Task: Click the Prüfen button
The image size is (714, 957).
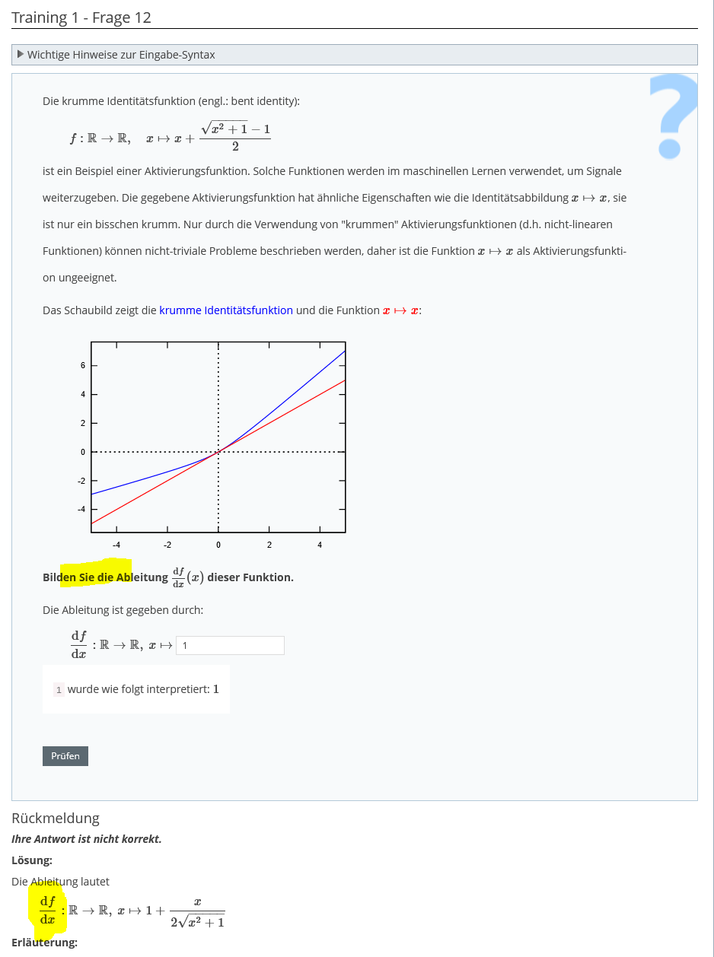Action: pos(65,756)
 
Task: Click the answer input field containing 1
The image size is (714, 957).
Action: pos(230,645)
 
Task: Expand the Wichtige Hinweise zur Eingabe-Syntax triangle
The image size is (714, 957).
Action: pos(21,55)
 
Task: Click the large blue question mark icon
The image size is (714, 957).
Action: pos(673,115)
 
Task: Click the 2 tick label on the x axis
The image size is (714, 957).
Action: pos(269,545)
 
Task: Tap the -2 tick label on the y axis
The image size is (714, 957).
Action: pos(82,481)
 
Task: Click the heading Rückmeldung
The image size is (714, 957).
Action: pos(56,819)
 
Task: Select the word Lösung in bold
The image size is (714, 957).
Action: pos(32,860)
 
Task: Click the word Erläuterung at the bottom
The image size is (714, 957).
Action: pos(44,943)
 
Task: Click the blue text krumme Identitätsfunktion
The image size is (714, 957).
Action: pos(226,310)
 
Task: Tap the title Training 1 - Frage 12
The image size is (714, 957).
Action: pos(81,17)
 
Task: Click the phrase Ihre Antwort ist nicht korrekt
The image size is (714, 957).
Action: pos(87,839)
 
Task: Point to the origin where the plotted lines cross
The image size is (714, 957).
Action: pos(218,452)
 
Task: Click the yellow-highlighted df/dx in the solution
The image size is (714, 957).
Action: pos(48,910)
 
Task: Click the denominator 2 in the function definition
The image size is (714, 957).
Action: pos(235,147)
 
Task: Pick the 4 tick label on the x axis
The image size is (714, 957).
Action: pos(320,545)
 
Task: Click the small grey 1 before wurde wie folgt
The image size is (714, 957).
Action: pos(59,690)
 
